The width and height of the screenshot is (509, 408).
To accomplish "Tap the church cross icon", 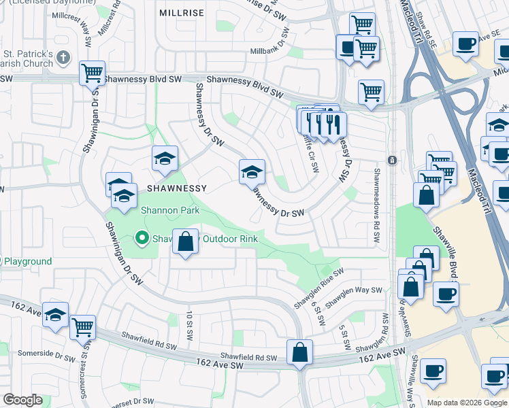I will (64, 56).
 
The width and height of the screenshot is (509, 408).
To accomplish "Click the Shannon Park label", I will (170, 210).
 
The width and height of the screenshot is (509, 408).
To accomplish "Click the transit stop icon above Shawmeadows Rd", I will (392, 160).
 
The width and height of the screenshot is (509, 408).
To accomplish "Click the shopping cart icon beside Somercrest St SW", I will (83, 327).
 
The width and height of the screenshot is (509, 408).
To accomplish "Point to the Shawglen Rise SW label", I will (319, 279).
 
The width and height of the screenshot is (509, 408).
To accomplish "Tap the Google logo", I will (22, 400).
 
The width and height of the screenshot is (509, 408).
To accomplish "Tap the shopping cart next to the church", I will (92, 73).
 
